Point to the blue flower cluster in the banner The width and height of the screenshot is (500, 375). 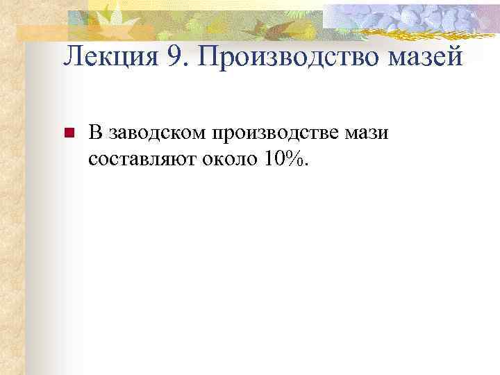(x=417, y=17)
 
